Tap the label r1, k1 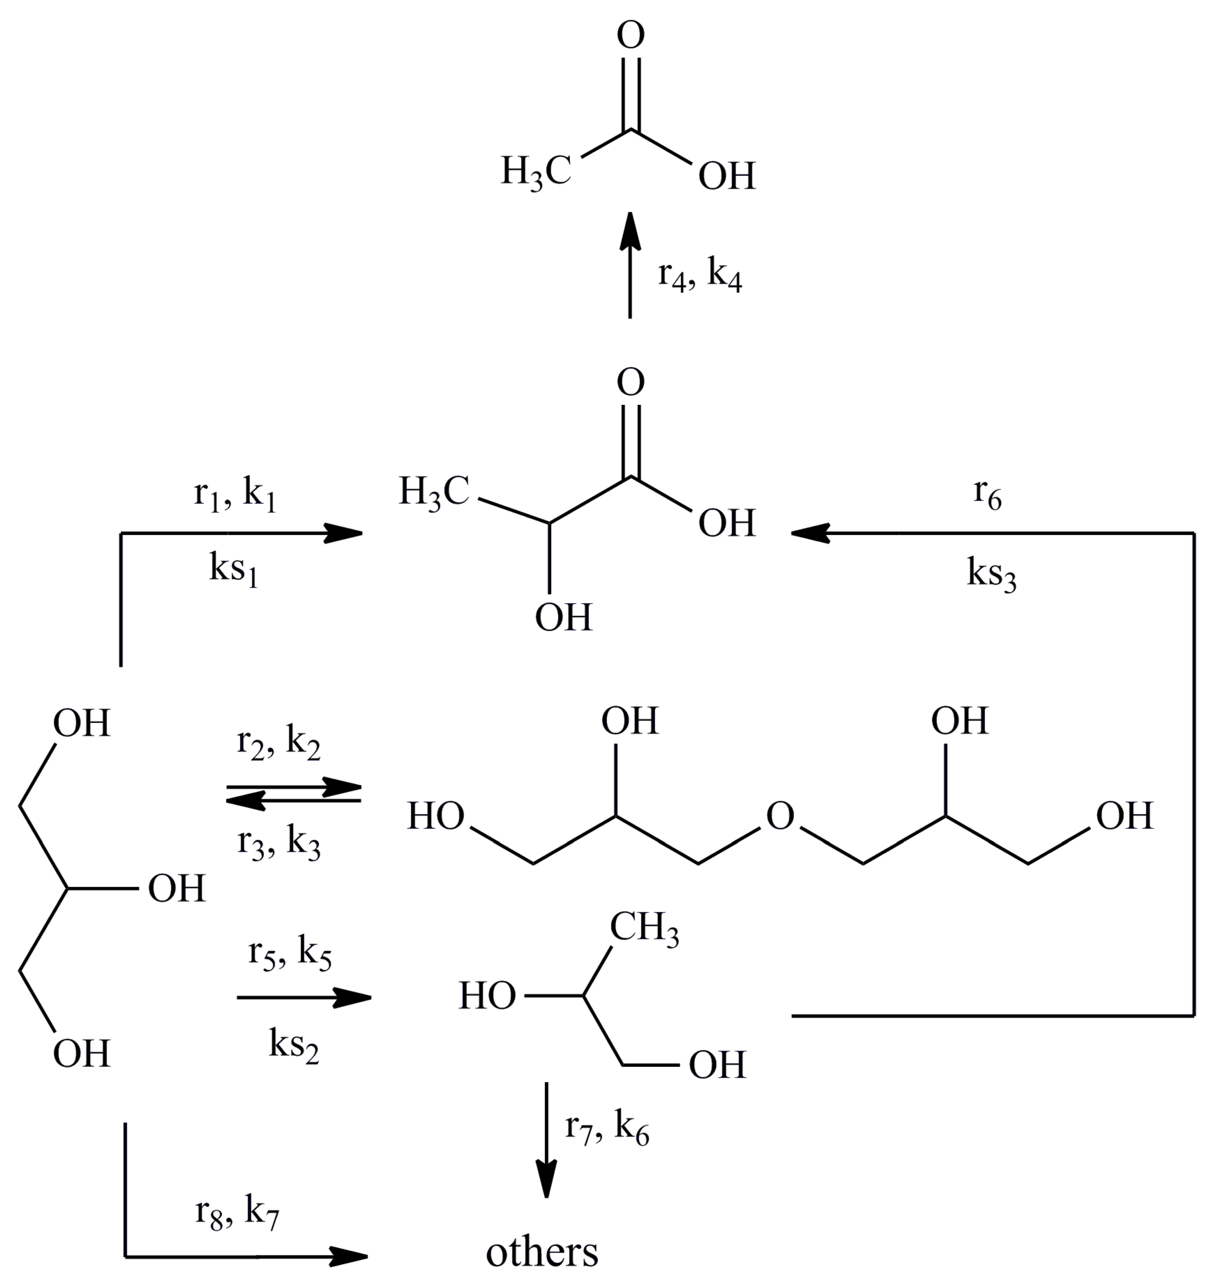(235, 495)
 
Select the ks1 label (234, 570)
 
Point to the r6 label (987, 495)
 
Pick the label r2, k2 (278, 744)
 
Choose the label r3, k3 (278, 844)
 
